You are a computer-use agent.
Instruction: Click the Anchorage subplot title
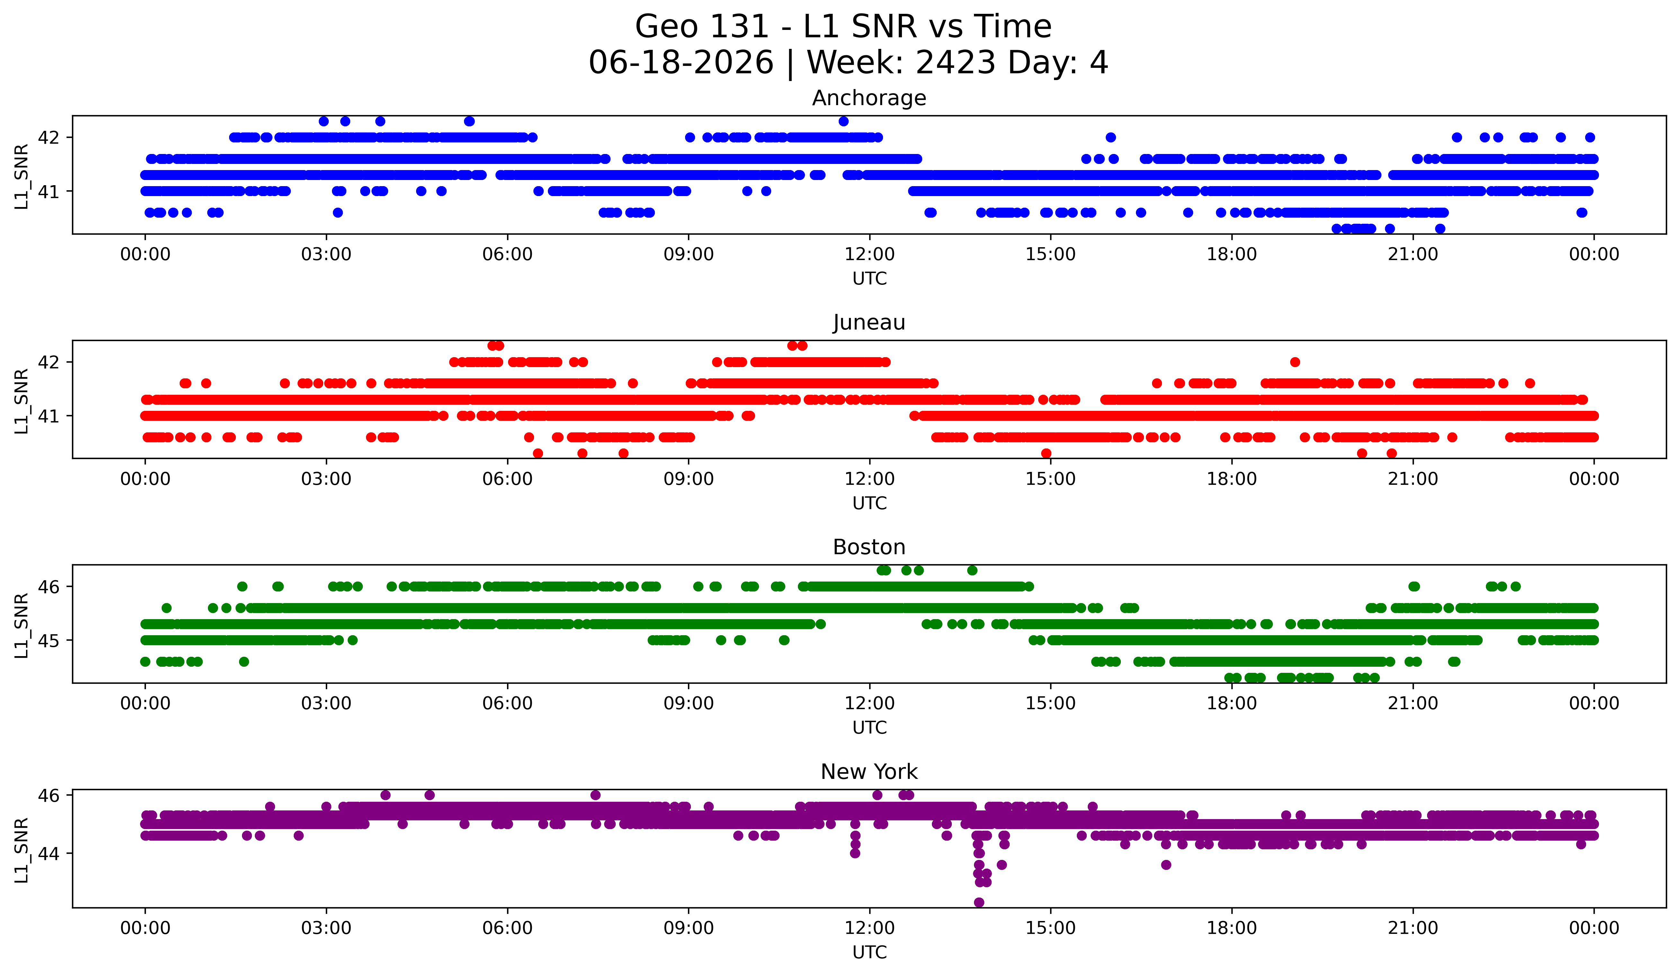coord(869,98)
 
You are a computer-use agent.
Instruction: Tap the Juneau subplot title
coord(869,322)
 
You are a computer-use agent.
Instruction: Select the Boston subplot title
coord(869,547)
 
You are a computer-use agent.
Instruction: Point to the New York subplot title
coord(869,772)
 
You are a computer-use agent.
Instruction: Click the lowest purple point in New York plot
coord(979,902)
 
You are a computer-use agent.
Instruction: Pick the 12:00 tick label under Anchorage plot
coord(870,255)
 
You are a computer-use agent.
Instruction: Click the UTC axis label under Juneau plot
coord(870,503)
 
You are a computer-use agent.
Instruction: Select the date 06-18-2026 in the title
coord(681,63)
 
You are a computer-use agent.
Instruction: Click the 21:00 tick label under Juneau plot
coord(1413,479)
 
